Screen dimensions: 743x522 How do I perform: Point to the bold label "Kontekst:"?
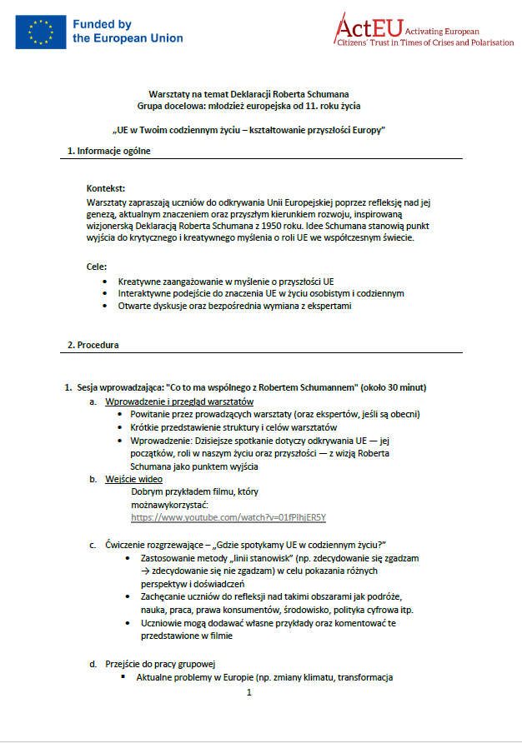coord(105,189)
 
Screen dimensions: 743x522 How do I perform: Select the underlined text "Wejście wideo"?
coord(133,479)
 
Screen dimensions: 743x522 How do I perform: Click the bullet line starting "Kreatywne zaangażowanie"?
coord(226,282)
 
